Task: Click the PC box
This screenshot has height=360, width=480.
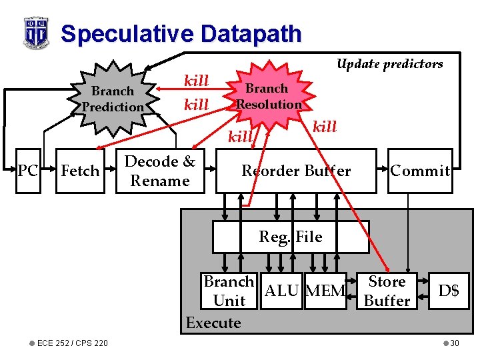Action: click(27, 171)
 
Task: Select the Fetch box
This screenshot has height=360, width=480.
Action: click(80, 171)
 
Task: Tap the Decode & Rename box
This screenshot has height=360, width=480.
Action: click(160, 171)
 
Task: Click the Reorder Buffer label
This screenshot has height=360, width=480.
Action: click(296, 171)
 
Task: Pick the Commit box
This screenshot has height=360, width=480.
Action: click(420, 171)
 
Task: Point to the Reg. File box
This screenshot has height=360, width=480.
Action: click(291, 237)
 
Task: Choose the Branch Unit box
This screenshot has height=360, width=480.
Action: click(229, 291)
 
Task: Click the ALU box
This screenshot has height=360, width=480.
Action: click(283, 291)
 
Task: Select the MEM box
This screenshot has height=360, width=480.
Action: click(325, 291)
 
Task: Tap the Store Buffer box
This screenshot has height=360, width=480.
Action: click(387, 291)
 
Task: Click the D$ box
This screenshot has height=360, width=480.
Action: click(448, 291)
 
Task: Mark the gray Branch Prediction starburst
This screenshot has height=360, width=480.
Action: click(113, 99)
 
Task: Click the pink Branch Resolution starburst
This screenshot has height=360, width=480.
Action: click(268, 97)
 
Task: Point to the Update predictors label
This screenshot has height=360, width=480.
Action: click(389, 64)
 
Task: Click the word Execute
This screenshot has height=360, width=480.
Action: click(213, 323)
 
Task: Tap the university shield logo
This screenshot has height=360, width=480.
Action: click(36, 31)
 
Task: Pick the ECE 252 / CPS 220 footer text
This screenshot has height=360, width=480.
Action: click(73, 343)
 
